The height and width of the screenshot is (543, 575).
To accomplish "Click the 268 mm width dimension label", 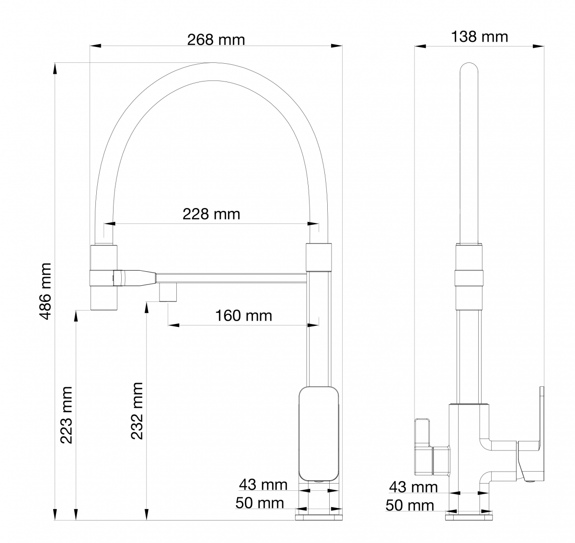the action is coord(216,40).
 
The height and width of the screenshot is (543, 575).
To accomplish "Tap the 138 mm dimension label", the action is coord(480,37).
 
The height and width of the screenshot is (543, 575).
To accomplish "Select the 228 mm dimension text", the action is coord(211,214).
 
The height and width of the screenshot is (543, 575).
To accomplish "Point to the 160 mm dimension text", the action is coord(243,316).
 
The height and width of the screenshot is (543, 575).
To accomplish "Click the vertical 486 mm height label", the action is coord(46,291).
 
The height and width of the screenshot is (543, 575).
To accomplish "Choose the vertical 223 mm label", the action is coord(66,415).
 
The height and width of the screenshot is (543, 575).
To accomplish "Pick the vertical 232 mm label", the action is coord(137,411).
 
